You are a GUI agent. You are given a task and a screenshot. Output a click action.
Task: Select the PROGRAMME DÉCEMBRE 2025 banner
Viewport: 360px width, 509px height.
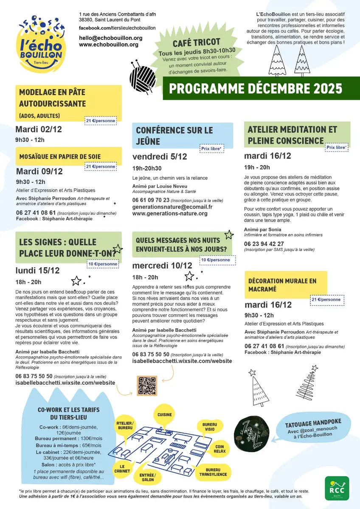pyautogui.click(x=256, y=88)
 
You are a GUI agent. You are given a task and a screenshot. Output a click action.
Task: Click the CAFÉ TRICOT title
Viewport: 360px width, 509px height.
pyautogui.click(x=197, y=43)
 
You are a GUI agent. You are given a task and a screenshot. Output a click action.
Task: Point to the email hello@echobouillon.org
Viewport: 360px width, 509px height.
pyautogui.click(x=111, y=38)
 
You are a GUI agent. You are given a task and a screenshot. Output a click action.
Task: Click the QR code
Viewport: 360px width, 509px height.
pyautogui.click(x=146, y=386)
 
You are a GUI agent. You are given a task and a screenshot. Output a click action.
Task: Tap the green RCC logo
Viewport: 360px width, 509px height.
pyautogui.click(x=337, y=488)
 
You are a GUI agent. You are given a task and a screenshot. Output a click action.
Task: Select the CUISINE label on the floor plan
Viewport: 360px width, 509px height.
pyautogui.click(x=164, y=414)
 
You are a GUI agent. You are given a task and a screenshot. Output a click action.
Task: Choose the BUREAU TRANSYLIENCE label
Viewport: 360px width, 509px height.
pyautogui.click(x=216, y=472)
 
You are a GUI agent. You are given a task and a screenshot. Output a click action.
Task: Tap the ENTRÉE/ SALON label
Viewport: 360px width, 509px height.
pyautogui.click(x=148, y=477)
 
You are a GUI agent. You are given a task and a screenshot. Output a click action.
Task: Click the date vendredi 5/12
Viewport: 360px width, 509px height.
pyautogui.click(x=160, y=157)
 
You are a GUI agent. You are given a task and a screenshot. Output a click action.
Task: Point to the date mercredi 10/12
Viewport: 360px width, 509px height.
pyautogui.click(x=162, y=266)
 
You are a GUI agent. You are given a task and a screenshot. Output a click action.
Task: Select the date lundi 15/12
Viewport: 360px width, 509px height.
pyautogui.click(x=38, y=270)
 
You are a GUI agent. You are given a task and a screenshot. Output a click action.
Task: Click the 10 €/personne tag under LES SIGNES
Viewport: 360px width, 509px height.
pyautogui.click(x=103, y=264)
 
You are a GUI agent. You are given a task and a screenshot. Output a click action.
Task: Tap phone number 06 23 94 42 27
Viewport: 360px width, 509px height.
pyautogui.click(x=264, y=244)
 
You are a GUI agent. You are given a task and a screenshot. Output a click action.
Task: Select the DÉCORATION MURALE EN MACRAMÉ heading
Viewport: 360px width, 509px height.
pyautogui.click(x=282, y=285)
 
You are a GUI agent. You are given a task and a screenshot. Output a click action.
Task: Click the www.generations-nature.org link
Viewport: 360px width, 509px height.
pyautogui.click(x=170, y=213)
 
